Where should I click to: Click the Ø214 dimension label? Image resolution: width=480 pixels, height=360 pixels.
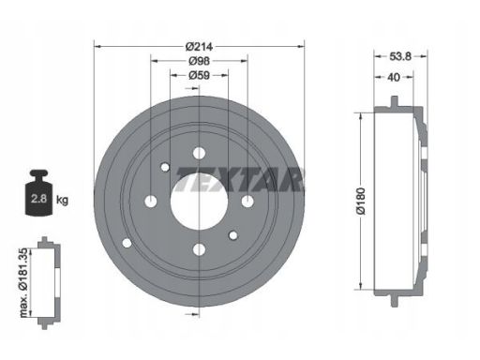coord(199,47)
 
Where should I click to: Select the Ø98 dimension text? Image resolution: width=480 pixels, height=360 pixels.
coord(199,61)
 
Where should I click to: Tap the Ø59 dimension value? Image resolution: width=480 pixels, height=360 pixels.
coord(199,75)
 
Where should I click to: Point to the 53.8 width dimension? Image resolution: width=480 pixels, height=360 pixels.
coord(400,56)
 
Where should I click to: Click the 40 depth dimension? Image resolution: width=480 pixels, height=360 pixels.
coord(394,77)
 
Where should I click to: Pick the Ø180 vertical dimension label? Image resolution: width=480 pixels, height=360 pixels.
coord(361,201)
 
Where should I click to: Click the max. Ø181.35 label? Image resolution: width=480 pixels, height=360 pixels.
coord(24,283)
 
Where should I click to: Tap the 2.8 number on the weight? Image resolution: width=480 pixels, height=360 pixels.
coord(38,199)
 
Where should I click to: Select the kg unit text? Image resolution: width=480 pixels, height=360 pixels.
coord(62,200)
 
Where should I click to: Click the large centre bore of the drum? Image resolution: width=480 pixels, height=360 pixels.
coord(199,202)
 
